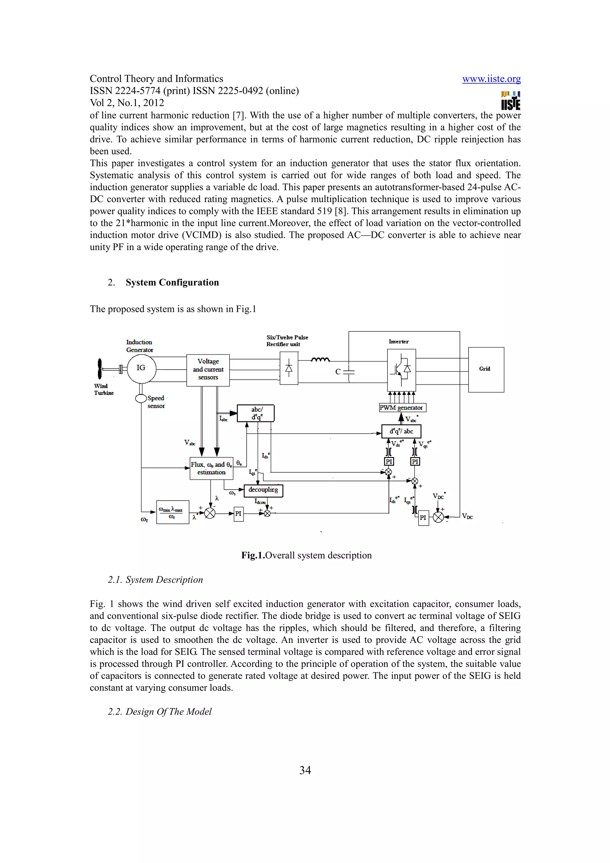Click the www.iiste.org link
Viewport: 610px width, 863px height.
coord(491,79)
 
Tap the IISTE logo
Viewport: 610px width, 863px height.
coord(511,100)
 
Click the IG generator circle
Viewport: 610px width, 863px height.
coord(141,368)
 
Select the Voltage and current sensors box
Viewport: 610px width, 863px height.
coord(208,370)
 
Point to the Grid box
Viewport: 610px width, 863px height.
coord(485,370)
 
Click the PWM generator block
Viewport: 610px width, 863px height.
coord(402,408)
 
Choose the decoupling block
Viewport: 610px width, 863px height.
coord(264,490)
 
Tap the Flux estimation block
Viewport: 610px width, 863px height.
coord(211,468)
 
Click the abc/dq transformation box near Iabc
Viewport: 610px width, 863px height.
coord(256,413)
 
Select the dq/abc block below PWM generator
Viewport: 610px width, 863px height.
coord(401,431)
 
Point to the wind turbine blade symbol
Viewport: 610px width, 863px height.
coord(99,369)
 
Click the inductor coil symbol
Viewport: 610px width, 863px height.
coord(320,360)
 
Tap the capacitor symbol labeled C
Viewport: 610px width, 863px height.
coord(349,372)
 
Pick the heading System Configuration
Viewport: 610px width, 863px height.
coord(172,283)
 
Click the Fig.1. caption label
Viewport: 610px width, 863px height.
coord(253,556)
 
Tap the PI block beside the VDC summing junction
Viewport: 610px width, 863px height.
coord(423,518)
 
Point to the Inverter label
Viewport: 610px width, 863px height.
coord(399,342)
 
